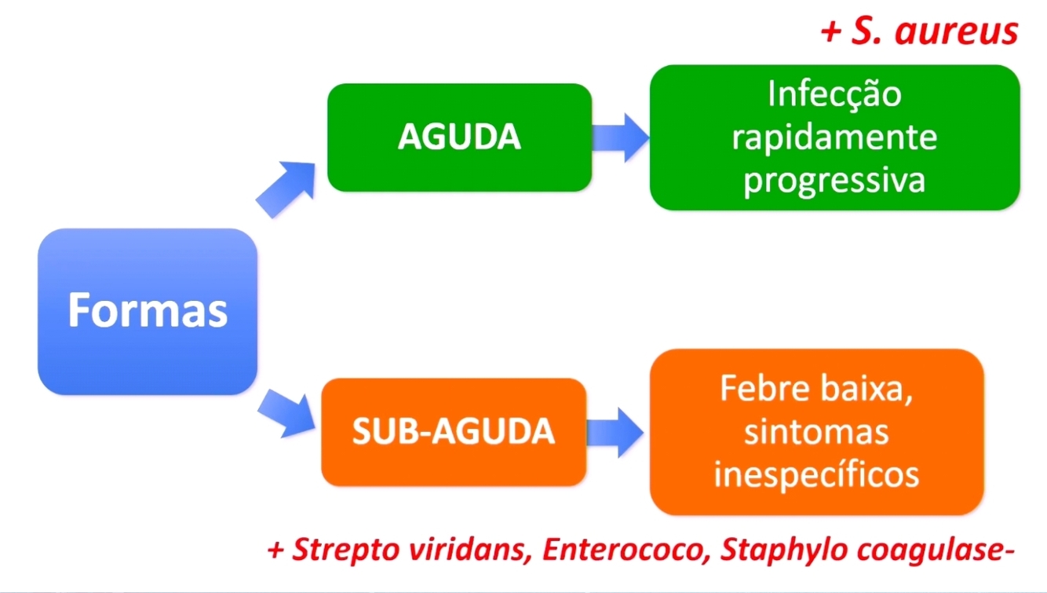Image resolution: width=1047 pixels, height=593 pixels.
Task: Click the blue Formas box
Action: pos(148,311)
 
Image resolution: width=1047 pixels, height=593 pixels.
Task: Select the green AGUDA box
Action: pos(459,137)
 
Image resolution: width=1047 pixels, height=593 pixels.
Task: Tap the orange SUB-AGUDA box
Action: pos(454,432)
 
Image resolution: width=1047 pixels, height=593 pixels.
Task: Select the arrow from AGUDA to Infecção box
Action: pos(620,137)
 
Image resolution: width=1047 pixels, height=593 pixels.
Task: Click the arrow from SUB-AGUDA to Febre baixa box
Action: pos(617,432)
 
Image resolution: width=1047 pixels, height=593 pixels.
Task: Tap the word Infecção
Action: pos(834,95)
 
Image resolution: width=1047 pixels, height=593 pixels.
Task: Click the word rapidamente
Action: pos(834,138)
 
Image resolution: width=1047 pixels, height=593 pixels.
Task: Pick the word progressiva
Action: pos(834,181)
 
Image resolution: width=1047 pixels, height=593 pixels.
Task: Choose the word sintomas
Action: pos(816,432)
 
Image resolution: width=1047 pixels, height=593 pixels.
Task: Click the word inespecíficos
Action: pos(816,475)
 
